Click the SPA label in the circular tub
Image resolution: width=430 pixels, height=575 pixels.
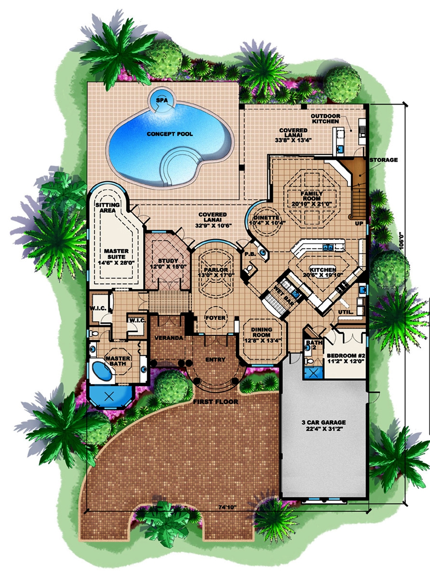coord(162,100)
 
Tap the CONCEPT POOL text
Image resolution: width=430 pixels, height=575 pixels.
coord(170,134)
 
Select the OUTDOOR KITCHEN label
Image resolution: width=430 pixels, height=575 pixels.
coord(326,119)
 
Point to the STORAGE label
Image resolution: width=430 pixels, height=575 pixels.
coord(384,160)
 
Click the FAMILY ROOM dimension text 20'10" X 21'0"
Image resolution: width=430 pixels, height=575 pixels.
coord(312,204)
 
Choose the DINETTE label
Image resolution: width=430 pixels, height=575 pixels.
coord(267,218)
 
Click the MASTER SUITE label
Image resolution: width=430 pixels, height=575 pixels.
coord(116,254)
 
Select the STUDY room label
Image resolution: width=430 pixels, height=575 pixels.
coord(168,261)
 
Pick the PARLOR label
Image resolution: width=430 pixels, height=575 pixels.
coord(216,270)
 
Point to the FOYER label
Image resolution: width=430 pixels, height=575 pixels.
coord(215,318)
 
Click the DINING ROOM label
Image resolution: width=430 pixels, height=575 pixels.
coord(262,332)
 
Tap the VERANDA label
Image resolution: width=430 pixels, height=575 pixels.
coord(169,338)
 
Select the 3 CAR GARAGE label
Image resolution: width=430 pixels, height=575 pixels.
coord(324,423)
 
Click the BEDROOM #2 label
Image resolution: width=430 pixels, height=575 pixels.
coord(346,356)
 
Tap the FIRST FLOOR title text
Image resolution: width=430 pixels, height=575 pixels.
coord(215,402)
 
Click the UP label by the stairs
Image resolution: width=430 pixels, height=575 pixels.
coord(359,224)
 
